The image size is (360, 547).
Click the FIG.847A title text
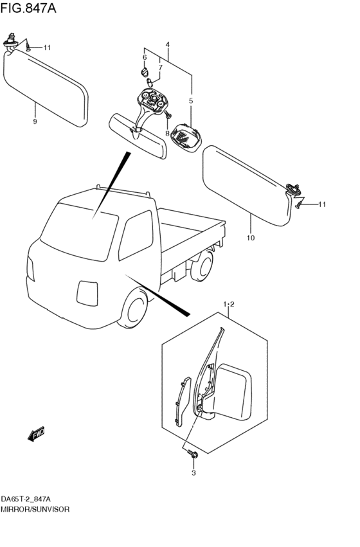pos(28,8)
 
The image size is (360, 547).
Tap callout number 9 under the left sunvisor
pos(35,121)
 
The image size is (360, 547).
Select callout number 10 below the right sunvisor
pos(251,238)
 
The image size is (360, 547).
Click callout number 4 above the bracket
pos(168,44)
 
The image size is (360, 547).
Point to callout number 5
pos(191,101)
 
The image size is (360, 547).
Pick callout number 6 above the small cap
pos(145,57)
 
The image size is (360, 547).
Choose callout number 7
pos(160,67)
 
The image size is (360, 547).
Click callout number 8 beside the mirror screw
pos(167,133)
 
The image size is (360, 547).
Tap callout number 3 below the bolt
pos(194,473)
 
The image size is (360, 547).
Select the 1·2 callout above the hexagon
pos(229,305)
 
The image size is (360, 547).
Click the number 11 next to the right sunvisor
pos(322,204)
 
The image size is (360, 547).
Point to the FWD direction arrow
pos(36,434)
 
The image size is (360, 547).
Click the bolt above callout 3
pos(193,454)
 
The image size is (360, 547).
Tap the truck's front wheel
pos(134,309)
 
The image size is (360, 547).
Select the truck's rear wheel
pos(203,266)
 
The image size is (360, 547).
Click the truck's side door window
pos(136,235)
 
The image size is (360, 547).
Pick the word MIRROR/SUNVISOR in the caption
pos(35,509)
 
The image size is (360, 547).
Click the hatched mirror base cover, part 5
pos(186,138)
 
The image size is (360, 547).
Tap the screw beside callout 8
pos(168,114)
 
